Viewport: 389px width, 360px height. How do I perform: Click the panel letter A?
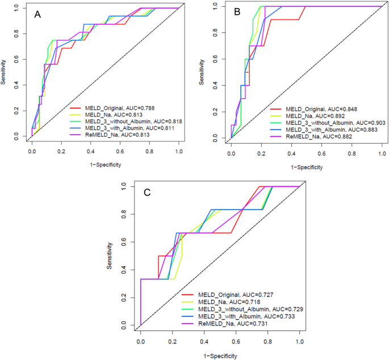[38, 14]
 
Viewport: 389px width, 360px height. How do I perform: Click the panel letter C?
[147, 193]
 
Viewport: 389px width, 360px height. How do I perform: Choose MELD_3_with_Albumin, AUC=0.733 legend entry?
[245, 315]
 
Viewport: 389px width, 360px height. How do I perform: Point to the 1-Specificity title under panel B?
[307, 168]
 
